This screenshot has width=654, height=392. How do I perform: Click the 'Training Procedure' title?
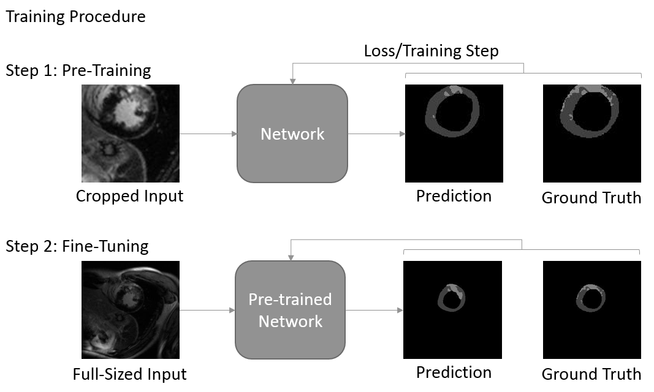tap(75, 17)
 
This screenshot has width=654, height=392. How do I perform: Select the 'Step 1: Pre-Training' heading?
tap(78, 70)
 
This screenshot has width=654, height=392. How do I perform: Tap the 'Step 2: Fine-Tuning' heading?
tap(77, 246)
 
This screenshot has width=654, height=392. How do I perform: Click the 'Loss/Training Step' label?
tap(431, 51)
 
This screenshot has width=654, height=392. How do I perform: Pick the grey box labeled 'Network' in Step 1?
tap(292, 134)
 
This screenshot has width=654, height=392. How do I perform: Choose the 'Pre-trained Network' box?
tap(291, 310)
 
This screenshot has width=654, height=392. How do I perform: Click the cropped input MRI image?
tap(131, 134)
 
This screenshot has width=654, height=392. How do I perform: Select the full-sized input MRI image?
tap(131, 310)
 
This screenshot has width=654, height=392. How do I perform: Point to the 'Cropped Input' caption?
tap(129, 197)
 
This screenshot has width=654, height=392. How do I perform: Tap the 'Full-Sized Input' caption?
tap(129, 374)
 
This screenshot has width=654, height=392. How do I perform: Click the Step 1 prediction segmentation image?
tap(454, 134)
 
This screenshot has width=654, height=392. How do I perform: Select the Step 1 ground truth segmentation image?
tap(592, 134)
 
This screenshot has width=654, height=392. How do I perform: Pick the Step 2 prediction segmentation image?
tap(452, 310)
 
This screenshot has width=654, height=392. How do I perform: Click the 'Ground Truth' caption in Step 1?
tap(591, 198)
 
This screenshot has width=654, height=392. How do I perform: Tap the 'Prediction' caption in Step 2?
tap(454, 372)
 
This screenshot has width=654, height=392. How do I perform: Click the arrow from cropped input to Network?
tap(208, 134)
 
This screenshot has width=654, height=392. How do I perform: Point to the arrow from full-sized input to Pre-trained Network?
tap(207, 310)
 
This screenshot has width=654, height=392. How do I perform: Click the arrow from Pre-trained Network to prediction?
tap(374, 310)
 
